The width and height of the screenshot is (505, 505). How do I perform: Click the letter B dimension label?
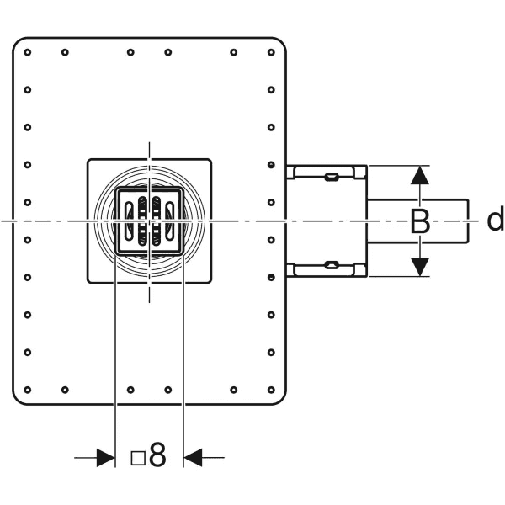(420, 222)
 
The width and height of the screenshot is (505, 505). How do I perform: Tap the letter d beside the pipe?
(495, 221)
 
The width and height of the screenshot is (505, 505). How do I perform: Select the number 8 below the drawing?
(157, 457)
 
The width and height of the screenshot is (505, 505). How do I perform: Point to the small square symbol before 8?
(139, 458)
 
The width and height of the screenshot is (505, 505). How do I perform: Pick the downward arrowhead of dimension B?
(420, 266)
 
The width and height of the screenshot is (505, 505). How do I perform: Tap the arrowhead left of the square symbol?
(104, 457)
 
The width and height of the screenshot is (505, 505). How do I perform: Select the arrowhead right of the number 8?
(194, 457)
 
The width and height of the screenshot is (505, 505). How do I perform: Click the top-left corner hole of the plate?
(28, 52)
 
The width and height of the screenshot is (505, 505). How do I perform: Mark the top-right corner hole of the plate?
(270, 52)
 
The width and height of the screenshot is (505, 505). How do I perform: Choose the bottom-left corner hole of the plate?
(28, 390)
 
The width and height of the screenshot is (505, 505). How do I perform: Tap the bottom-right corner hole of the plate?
(270, 390)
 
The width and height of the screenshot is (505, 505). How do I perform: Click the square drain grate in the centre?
(149, 221)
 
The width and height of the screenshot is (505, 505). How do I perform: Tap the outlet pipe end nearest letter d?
(467, 221)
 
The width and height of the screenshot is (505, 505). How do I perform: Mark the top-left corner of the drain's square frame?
(88, 159)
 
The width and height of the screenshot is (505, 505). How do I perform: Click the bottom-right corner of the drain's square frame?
(210, 282)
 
